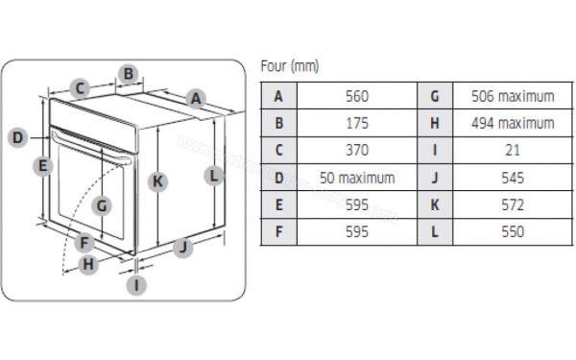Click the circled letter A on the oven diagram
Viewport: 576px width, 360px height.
click(x=195, y=97)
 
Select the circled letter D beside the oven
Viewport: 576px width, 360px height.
click(x=17, y=137)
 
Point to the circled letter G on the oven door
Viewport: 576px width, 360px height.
click(x=103, y=204)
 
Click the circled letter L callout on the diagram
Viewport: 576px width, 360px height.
click(x=215, y=176)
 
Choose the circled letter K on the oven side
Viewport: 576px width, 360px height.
click(x=158, y=180)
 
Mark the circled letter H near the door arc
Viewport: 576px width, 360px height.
click(x=87, y=264)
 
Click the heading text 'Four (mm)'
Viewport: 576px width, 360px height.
click(x=290, y=66)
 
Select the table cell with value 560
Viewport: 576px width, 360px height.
click(x=356, y=96)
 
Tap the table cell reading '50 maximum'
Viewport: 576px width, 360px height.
click(x=356, y=178)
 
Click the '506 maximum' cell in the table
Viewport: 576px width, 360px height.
click(x=513, y=96)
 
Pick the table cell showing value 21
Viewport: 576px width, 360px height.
click(x=513, y=151)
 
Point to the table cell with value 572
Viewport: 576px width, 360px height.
click(x=513, y=204)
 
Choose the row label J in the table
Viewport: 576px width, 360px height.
click(x=435, y=178)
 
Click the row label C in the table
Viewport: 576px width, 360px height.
click(x=279, y=151)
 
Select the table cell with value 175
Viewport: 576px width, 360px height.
click(x=356, y=123)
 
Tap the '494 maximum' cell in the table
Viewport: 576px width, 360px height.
click(x=513, y=123)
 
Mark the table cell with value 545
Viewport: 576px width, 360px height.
click(x=513, y=178)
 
